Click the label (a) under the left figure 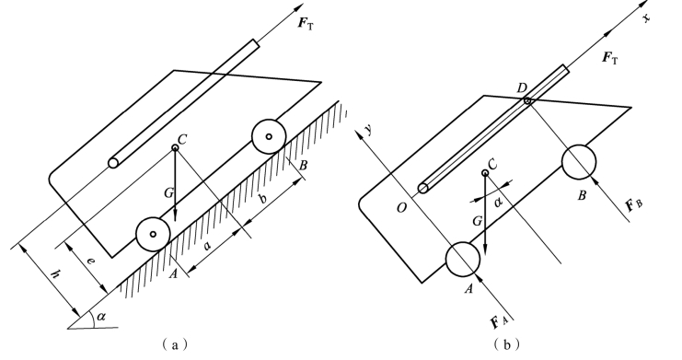pyautogui.click(x=175, y=344)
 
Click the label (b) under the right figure pyautogui.click(x=507, y=344)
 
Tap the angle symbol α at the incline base pyautogui.click(x=101, y=317)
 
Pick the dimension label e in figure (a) pyautogui.click(x=90, y=261)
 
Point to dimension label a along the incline pyautogui.click(x=207, y=247)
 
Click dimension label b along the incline pyautogui.click(x=262, y=199)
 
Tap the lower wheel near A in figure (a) pyautogui.click(x=153, y=234)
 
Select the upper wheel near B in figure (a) pyautogui.click(x=269, y=136)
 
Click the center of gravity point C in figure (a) pyautogui.click(x=175, y=148)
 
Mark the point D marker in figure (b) pyautogui.click(x=527, y=101)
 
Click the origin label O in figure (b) pyautogui.click(x=401, y=208)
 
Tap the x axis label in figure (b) pyautogui.click(x=646, y=17)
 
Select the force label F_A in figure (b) pyautogui.click(x=499, y=322)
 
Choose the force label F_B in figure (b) pyautogui.click(x=634, y=204)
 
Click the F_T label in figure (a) pyautogui.click(x=306, y=24)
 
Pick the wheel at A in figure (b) pyautogui.click(x=463, y=260)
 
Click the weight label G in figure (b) pyautogui.click(x=478, y=221)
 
